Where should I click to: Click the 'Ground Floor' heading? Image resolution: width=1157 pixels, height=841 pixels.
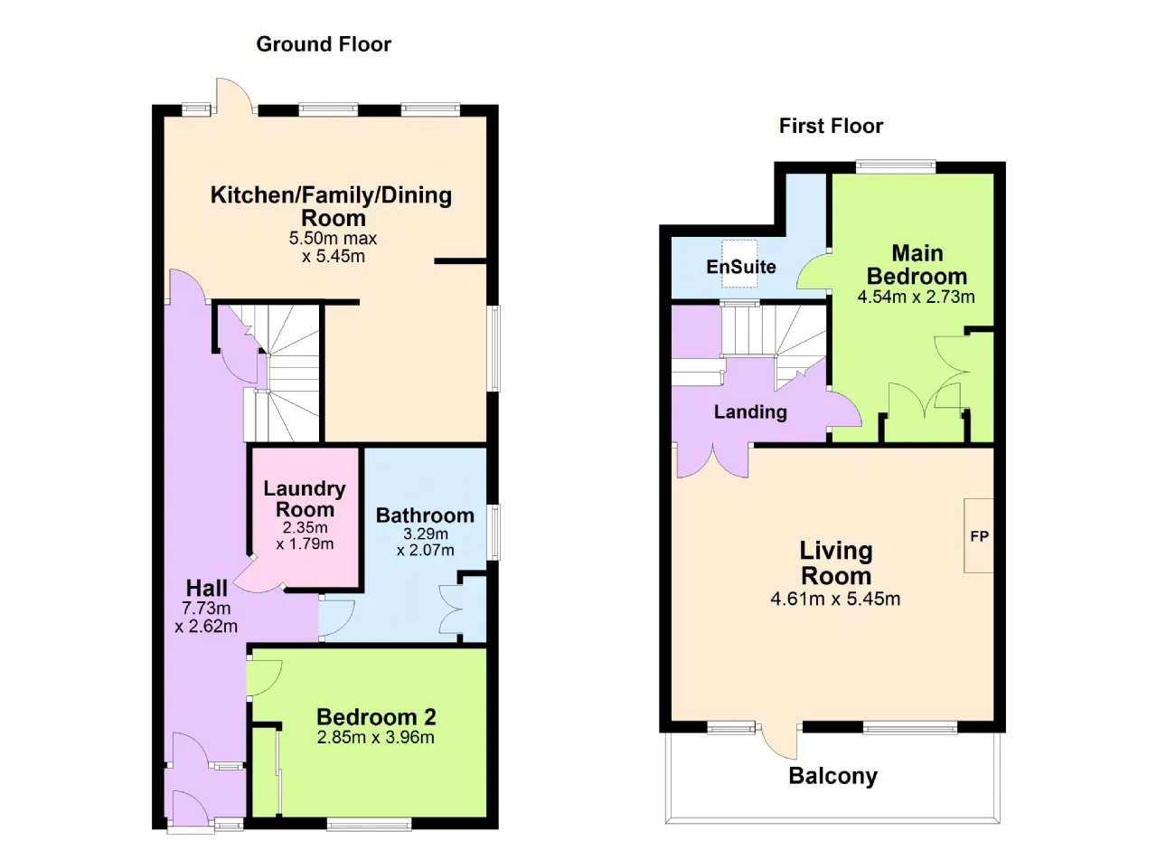coord(324,44)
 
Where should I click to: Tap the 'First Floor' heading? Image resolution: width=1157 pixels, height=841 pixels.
coord(831,126)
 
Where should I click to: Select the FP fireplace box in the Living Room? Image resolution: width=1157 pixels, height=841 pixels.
coord(979,535)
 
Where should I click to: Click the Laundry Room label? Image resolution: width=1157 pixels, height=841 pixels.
coord(305,499)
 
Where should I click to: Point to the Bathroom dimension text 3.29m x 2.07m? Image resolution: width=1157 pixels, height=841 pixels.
coord(425,542)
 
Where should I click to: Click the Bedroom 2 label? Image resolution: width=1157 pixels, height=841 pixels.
coord(376,717)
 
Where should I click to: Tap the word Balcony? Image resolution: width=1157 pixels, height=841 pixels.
coord(833,777)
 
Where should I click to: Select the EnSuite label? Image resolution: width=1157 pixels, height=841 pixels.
coord(741,267)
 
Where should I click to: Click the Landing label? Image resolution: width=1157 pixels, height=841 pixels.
coord(750,411)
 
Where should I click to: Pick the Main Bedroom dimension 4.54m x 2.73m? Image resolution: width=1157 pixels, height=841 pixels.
coord(917,297)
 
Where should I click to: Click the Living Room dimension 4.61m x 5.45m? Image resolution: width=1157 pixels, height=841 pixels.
coord(835,599)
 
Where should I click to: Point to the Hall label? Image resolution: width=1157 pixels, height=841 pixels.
coord(207,588)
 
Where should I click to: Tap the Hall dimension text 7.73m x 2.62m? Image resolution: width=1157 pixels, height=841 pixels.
coord(206,618)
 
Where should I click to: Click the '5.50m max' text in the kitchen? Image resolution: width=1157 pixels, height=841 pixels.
coord(333,238)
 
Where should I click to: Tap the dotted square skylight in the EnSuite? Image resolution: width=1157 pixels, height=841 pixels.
coord(739,263)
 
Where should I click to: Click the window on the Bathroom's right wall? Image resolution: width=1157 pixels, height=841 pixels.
coord(494,532)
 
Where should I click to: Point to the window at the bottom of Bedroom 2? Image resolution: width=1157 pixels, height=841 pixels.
coord(370,824)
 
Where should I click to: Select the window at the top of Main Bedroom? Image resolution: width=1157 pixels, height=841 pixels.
coord(896,166)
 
